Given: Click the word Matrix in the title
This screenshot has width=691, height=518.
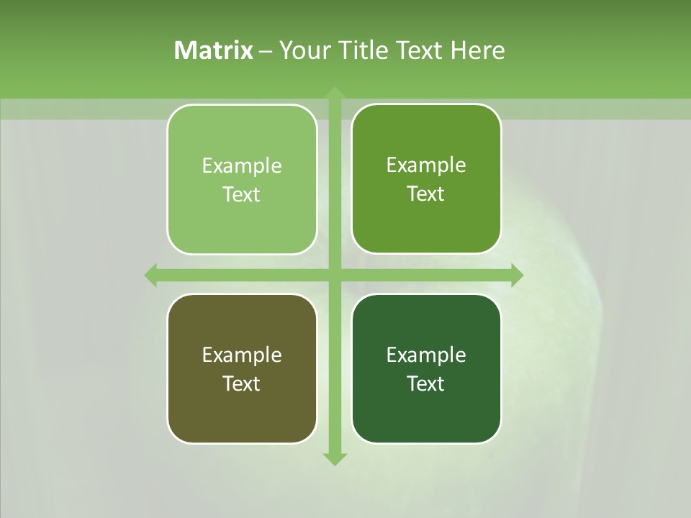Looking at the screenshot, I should coord(214,50).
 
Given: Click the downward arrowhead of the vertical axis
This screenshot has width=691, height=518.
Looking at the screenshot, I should coord(334,458).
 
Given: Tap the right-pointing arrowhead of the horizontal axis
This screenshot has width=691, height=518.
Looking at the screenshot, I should coord(516,275).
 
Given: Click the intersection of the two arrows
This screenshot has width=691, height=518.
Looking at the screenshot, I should coord(334,275).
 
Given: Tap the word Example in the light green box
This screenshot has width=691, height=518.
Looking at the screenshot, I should coord(242,166).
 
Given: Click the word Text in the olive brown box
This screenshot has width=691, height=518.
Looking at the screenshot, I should coord(242,383).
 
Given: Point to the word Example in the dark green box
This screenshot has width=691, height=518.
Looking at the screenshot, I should coord(426,355).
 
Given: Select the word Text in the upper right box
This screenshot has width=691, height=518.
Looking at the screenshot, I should coord(426,194).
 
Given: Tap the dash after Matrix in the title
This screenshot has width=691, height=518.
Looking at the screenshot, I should coord(266,51).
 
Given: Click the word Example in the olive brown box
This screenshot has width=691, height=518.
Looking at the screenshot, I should coord(242,355).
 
